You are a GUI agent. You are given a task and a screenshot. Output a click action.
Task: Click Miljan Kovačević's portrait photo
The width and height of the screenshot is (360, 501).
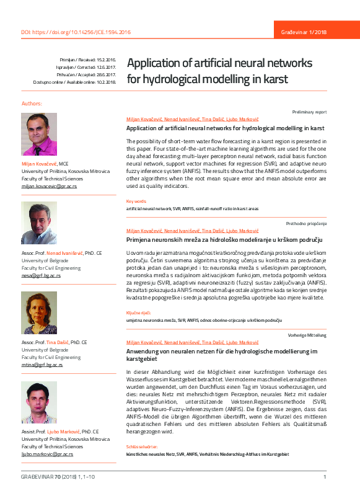click(x=39, y=134)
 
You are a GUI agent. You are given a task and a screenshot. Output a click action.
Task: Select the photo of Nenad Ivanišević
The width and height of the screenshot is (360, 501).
click(x=39, y=223)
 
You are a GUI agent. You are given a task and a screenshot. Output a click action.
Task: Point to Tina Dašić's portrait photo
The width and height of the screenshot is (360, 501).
click(x=39, y=313)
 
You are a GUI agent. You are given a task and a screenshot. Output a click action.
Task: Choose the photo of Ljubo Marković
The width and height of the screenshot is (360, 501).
click(x=39, y=402)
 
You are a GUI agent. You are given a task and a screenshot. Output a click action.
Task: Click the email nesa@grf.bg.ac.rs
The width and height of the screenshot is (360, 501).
click(x=41, y=275)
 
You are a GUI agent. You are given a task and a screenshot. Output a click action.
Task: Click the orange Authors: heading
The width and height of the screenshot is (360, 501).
click(x=32, y=103)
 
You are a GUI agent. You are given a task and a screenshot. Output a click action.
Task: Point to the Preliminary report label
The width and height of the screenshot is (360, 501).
click(x=309, y=112)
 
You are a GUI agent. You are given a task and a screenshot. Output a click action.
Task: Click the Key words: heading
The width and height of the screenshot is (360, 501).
click(x=136, y=201)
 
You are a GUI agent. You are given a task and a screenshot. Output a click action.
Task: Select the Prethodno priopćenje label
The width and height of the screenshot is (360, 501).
click(x=306, y=223)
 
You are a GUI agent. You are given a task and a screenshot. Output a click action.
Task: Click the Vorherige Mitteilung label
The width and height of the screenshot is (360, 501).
click(x=307, y=335)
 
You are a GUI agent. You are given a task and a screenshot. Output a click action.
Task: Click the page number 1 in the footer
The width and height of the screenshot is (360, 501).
click(x=325, y=476)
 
